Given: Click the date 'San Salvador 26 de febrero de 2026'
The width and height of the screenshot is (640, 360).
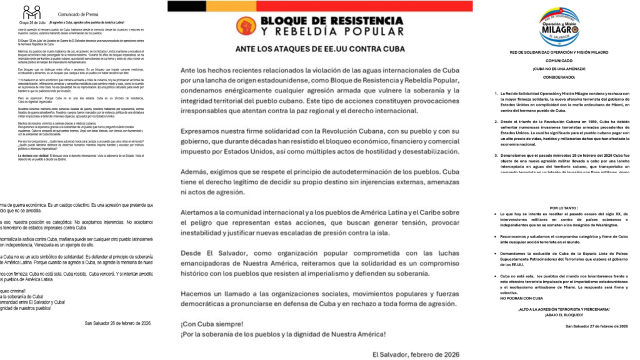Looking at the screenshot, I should (117, 323).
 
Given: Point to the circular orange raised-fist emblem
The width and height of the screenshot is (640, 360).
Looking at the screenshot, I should (246, 26).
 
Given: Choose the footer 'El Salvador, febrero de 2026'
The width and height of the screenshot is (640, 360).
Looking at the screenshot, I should (416, 354).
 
